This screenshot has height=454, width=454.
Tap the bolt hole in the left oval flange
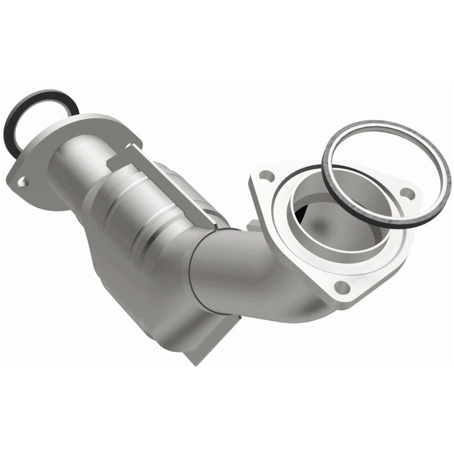coord(23,182)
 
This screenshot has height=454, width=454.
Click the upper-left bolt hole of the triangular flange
coord(267,176)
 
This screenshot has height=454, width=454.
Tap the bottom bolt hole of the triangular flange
coord(342,287)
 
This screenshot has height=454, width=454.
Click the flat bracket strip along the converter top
coord(170,183)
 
